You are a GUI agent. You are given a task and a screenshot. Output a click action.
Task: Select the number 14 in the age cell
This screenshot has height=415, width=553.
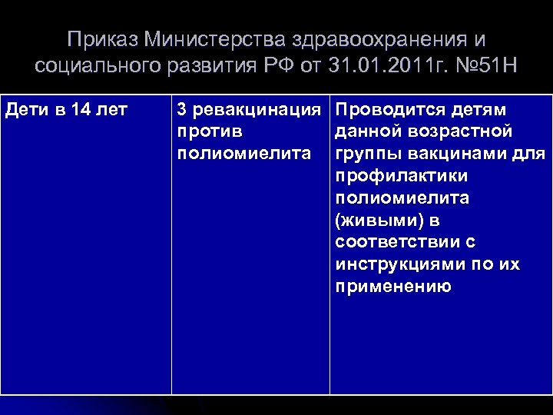79,110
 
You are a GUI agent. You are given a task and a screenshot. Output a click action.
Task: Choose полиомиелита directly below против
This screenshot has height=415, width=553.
244,154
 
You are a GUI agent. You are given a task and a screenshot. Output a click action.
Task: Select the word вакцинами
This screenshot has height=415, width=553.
455,154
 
